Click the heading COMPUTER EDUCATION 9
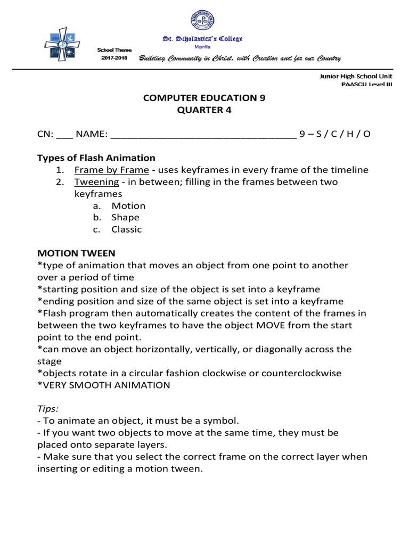tap(204, 98)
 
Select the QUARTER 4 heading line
tap(204, 110)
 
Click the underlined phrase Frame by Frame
tap(111, 170)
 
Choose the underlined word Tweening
tap(96, 182)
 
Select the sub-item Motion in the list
tap(128, 206)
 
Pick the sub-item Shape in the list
tap(125, 218)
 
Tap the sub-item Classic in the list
tap(127, 230)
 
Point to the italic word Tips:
tap(48, 409)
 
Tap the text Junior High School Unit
tap(355, 76)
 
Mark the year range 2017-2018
tap(114, 57)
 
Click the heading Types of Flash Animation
tap(96, 158)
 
